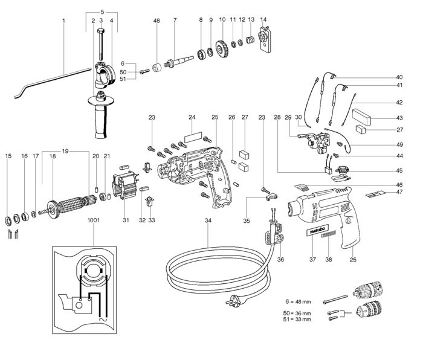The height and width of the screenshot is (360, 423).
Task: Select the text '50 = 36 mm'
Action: [x=298, y=313]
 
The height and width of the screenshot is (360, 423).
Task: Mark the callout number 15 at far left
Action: [x=8, y=156]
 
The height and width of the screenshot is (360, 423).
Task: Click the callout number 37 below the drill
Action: [x=312, y=260]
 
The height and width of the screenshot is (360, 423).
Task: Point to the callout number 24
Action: [x=191, y=117]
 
